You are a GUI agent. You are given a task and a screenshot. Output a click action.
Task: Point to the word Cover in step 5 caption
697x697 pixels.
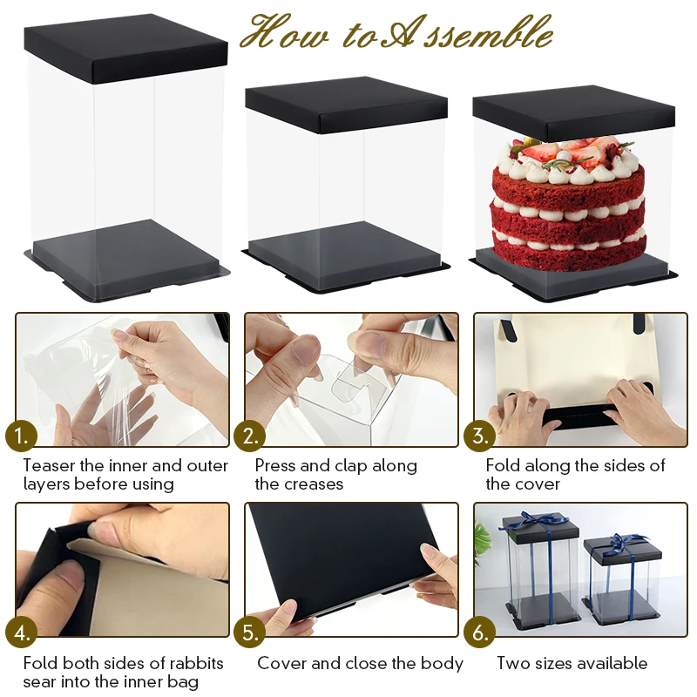click(x=281, y=664)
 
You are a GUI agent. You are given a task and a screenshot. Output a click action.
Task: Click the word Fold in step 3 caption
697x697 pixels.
click(x=503, y=466)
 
